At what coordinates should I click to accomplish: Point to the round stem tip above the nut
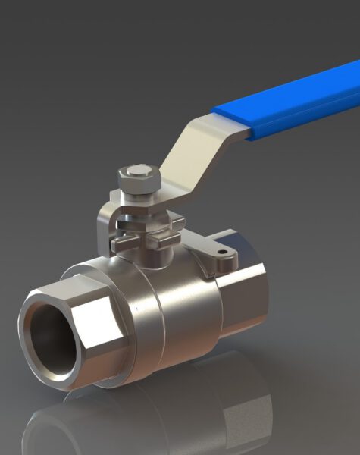[138, 170]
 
